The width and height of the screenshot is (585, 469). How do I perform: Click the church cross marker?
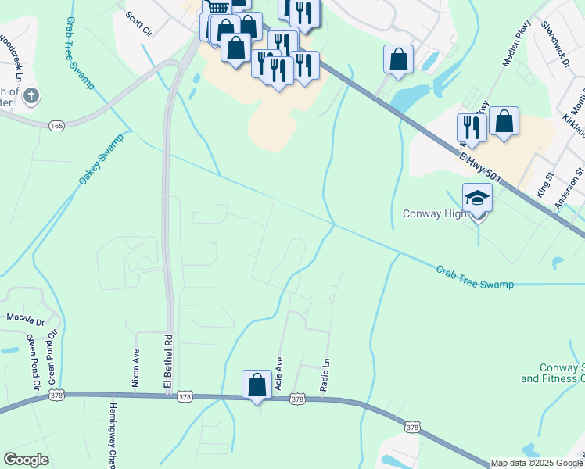tap(31, 96)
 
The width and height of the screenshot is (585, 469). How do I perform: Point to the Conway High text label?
tap(433, 213)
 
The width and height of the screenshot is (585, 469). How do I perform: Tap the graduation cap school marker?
tap(477, 199)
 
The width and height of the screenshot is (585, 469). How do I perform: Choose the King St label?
tap(542, 187)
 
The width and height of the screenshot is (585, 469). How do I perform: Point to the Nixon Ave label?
tap(136, 368)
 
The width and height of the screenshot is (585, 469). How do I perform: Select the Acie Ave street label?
tap(278, 374)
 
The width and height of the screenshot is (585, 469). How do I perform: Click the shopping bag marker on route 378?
tap(257, 385)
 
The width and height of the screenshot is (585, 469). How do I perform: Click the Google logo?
tap(26, 460)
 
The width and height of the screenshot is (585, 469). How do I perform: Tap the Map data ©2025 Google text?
tap(536, 463)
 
